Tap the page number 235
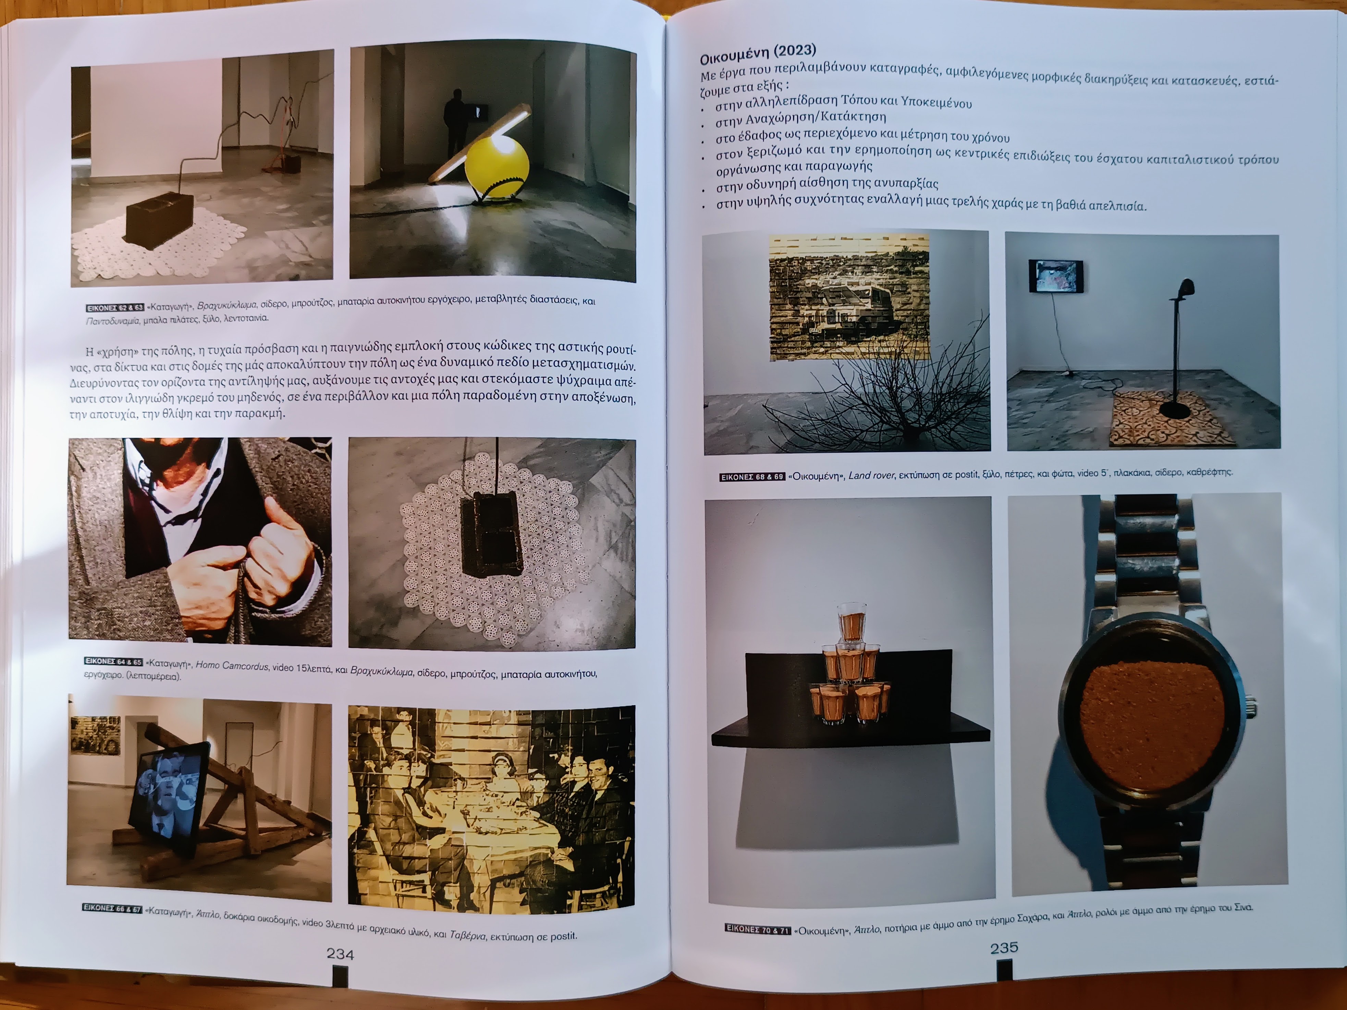tap(1004, 947)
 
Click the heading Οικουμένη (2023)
tap(758, 53)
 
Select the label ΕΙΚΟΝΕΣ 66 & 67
tap(112, 908)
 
